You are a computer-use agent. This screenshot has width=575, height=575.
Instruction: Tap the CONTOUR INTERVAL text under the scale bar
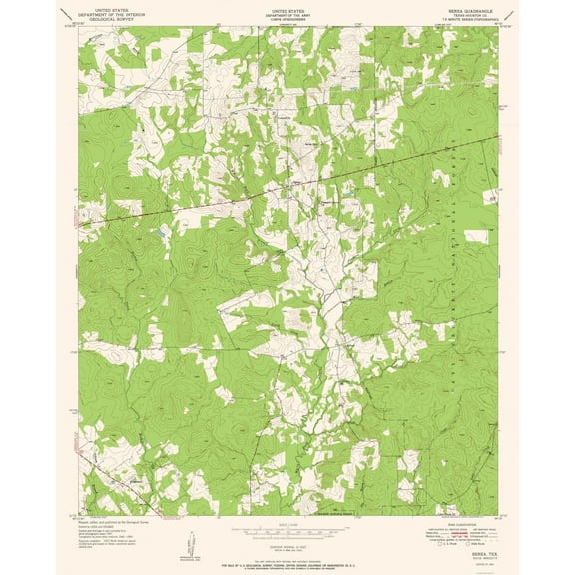click(287, 542)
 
